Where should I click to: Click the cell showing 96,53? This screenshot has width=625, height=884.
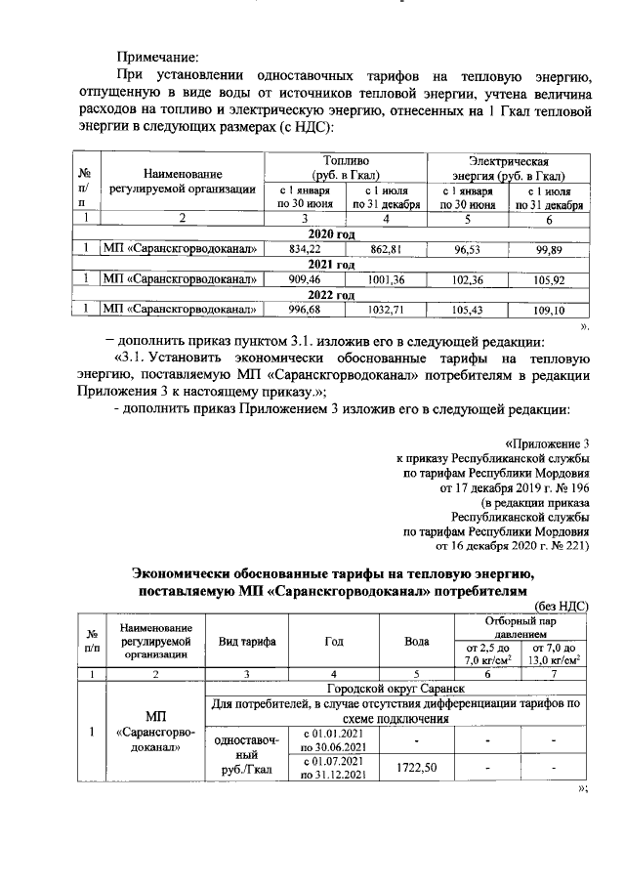(467, 250)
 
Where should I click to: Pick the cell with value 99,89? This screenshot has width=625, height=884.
(550, 250)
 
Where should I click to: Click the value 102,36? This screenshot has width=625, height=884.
(467, 279)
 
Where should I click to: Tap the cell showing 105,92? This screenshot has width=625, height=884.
(550, 279)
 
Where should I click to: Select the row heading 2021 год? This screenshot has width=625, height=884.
(331, 265)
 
